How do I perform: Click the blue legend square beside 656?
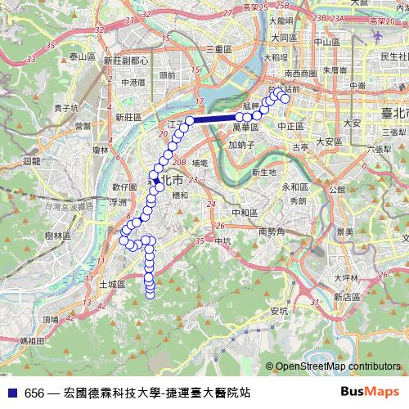point(12,393)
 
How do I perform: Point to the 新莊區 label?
point(128,117)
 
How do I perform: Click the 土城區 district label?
point(111,283)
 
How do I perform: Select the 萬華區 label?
point(245,128)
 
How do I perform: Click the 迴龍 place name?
point(32,162)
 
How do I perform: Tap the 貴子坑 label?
point(66,107)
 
